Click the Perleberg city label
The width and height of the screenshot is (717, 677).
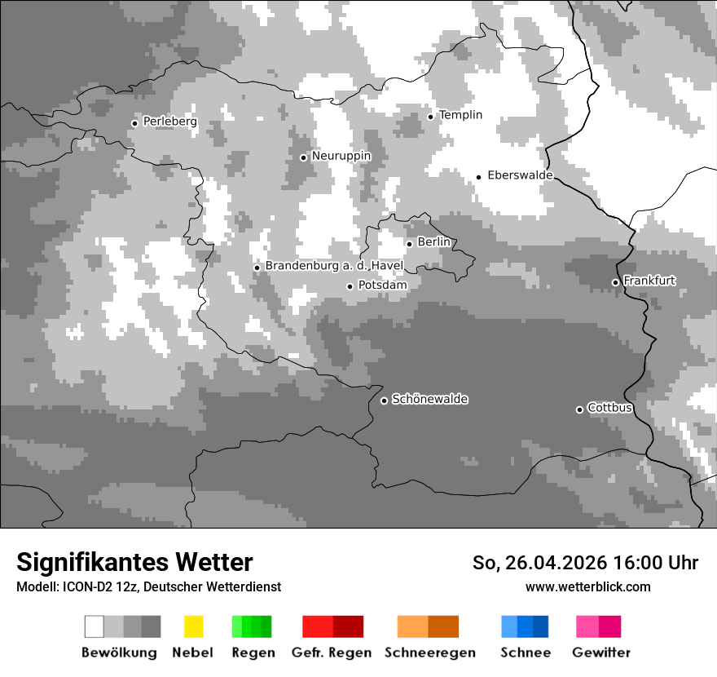[169, 122]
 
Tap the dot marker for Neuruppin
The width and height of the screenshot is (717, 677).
[303, 157]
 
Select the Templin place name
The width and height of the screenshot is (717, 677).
[460, 115]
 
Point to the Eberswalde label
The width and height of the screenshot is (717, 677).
[520, 175]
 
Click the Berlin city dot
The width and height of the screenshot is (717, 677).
[409, 243]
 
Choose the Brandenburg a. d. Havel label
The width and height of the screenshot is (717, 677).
[334, 266]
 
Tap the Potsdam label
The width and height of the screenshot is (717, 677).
[382, 285]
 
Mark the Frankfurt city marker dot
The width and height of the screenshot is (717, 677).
[615, 282]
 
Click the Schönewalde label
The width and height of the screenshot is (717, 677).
[429, 400]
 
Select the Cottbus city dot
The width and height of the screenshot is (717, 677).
[579, 409]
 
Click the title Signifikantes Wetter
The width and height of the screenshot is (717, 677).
[134, 562]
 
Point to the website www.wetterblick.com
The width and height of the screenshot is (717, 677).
[587, 586]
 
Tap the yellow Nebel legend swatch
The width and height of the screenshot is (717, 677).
[193, 626]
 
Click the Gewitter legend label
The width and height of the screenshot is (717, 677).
[600, 653]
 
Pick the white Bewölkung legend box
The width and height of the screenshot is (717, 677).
[95, 626]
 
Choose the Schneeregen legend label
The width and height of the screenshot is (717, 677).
[429, 653]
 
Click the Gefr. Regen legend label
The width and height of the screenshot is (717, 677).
[331, 653]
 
